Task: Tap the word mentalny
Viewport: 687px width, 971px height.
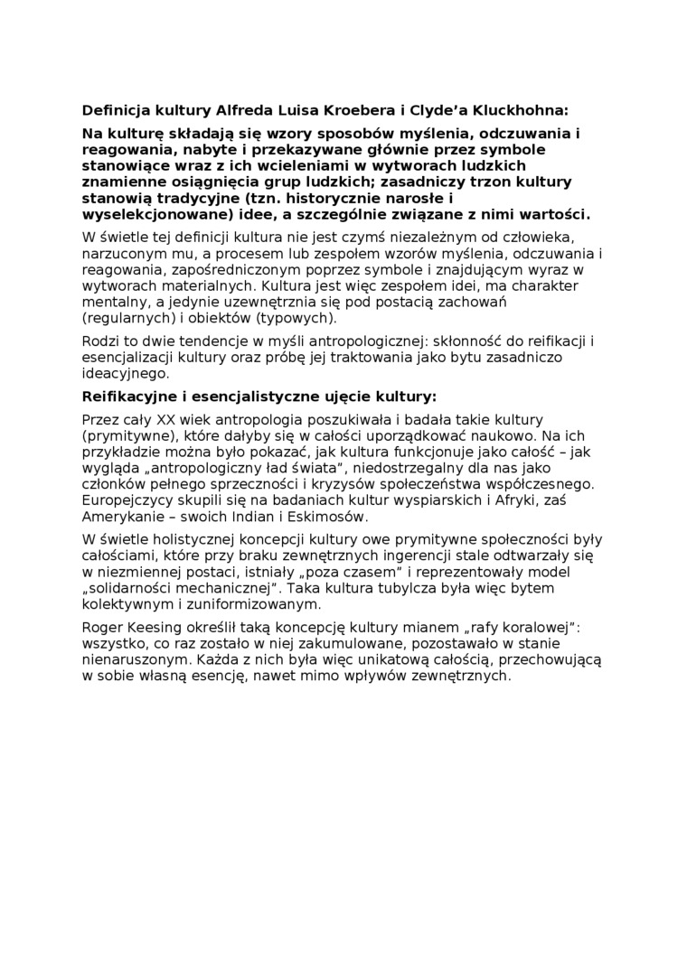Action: pyautogui.click(x=113, y=302)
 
